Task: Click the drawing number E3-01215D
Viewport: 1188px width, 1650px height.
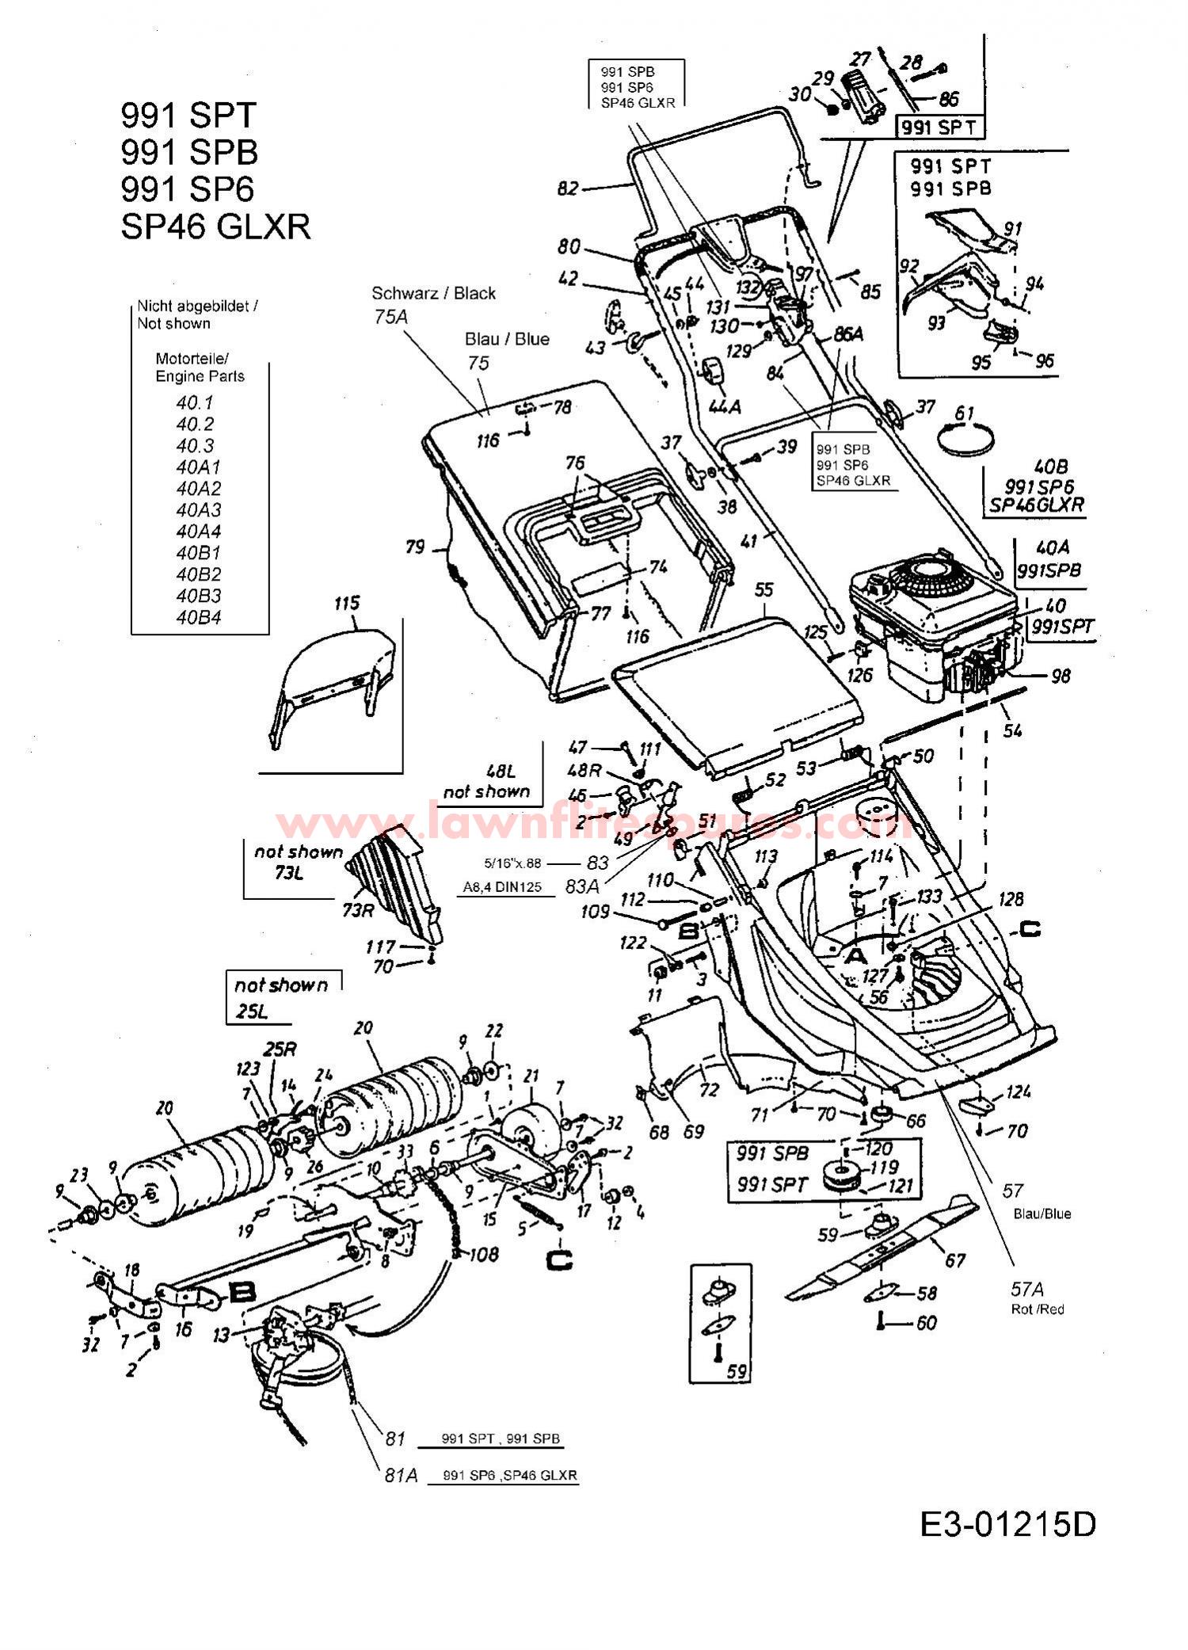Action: [x=1007, y=1524]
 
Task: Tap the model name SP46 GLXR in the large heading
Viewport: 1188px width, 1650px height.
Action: [x=215, y=227]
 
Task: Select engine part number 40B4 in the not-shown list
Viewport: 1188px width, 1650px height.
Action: [x=198, y=617]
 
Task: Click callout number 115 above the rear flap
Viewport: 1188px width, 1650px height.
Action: [x=347, y=603]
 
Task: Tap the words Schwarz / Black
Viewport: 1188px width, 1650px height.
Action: [x=433, y=293]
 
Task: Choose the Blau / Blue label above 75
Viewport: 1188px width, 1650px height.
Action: [x=507, y=339]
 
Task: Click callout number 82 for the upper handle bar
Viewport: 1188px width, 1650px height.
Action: [x=568, y=189]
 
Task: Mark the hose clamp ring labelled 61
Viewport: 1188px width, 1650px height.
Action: [x=964, y=437]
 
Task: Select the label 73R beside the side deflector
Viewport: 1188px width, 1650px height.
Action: [x=358, y=910]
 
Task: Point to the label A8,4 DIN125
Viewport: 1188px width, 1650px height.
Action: [x=502, y=887]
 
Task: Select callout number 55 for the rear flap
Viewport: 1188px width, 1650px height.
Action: [x=763, y=589]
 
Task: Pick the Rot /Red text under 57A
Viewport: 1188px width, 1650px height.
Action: [x=1038, y=1309]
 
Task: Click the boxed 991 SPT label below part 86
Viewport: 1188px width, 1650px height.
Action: [x=939, y=127]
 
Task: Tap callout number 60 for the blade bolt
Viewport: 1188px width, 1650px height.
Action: [x=926, y=1322]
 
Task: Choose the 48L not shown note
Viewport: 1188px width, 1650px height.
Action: [x=497, y=780]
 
